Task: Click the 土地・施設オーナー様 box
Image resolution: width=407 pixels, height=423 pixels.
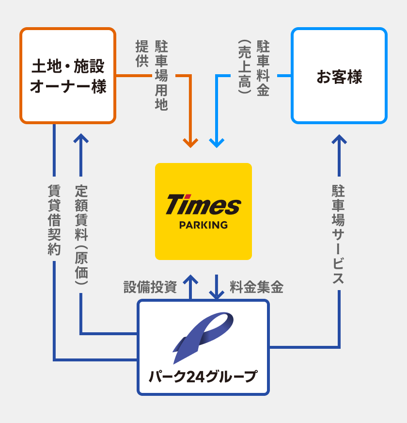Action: (68, 76)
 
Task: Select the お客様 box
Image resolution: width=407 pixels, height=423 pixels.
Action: (339, 76)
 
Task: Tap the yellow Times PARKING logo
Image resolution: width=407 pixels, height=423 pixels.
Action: (203, 211)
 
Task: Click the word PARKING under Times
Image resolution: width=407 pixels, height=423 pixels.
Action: (203, 225)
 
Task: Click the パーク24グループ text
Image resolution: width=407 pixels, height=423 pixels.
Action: (203, 376)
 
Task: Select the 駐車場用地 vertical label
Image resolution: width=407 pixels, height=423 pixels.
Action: (161, 76)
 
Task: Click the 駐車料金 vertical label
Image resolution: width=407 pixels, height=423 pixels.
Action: (263, 68)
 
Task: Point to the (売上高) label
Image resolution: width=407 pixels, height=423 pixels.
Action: (244, 66)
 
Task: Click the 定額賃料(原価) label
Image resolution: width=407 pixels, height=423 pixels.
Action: (81, 235)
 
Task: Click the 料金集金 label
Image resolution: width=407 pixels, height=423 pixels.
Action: (256, 287)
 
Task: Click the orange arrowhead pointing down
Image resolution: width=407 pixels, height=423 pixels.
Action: (190, 143)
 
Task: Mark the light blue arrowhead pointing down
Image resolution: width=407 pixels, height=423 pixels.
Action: (216, 143)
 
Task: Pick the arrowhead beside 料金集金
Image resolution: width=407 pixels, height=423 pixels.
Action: (216, 294)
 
